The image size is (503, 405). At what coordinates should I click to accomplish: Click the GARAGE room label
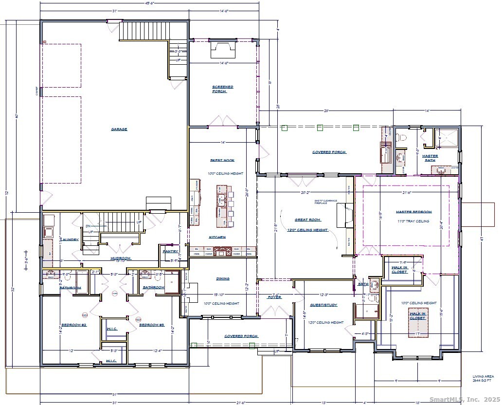pos(119,129)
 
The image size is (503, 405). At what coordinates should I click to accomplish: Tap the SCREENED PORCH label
pos(222,89)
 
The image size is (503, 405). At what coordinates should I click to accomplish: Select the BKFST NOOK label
pos(222,160)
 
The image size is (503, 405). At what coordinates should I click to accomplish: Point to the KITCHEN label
pos(216,237)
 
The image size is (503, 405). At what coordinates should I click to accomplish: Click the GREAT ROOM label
pos(307,220)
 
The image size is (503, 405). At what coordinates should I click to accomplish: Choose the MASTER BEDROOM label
pos(413,212)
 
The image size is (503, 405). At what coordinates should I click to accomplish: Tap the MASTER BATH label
pos(430,158)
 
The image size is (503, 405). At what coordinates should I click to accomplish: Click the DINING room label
pos(222,279)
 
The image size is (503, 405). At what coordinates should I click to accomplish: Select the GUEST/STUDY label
pos(323,305)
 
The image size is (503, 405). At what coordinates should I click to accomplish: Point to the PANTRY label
pos(170,252)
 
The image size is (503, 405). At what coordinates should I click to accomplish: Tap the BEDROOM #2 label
pos(73,325)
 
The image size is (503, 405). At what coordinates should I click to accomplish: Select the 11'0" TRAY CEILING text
pos(413,221)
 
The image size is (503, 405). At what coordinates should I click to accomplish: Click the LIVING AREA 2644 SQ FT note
pos(483,378)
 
